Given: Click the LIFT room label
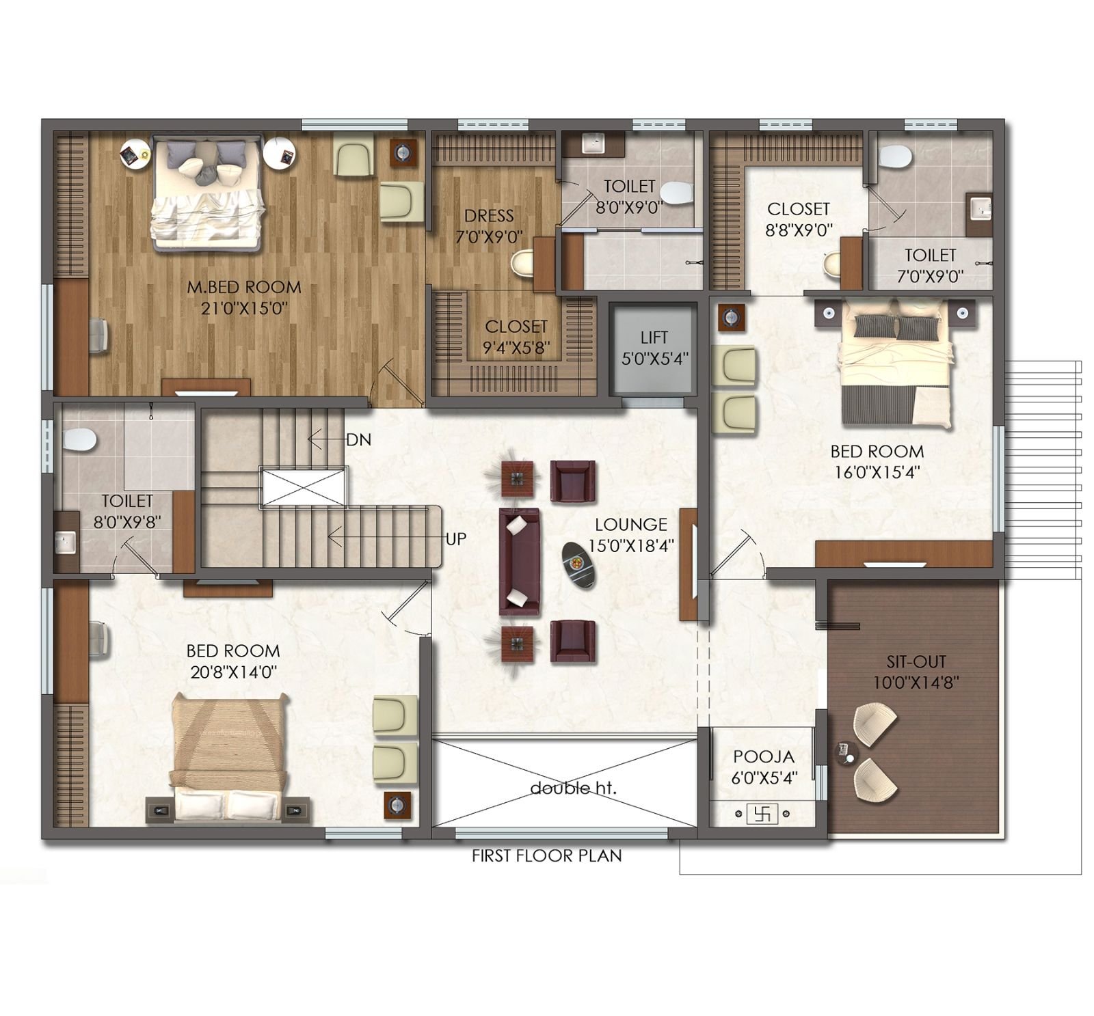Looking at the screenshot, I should [654, 337].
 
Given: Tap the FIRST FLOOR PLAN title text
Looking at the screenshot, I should [546, 855].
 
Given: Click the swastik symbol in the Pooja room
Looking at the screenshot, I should [762, 814].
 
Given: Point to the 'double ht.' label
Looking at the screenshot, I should [573, 788].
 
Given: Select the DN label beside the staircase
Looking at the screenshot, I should [358, 440].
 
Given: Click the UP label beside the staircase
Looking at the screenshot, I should [456, 538].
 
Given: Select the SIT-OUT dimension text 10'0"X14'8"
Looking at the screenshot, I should [916, 683].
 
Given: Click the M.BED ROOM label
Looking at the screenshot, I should [243, 287].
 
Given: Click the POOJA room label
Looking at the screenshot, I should [764, 756].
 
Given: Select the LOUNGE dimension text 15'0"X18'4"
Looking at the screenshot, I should [630, 546].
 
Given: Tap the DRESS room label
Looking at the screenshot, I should [489, 216].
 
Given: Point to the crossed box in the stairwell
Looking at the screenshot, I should [304, 487].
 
